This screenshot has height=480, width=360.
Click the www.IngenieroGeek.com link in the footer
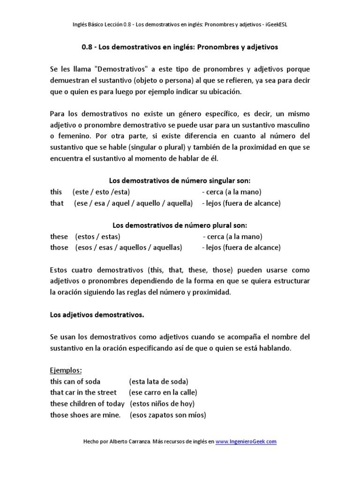point(246,441)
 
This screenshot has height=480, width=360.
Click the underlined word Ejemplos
point(66,370)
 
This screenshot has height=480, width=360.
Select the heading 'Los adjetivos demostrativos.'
point(97,315)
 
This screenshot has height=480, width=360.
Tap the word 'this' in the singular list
point(56,192)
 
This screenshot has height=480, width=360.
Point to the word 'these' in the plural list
point(59,236)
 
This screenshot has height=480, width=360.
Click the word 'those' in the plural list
point(59,247)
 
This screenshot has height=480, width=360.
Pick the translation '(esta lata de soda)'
point(158,381)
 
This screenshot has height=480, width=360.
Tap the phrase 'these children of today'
point(88,404)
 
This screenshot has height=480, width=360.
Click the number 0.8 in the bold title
point(87,47)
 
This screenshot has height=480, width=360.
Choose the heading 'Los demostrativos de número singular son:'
point(180,180)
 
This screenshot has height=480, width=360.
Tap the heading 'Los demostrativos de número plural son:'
point(180,225)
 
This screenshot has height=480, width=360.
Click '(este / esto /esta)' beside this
point(101,192)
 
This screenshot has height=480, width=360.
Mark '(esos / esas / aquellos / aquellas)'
point(128,247)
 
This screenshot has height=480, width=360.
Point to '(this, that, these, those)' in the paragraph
point(189,270)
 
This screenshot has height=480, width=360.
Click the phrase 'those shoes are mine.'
point(85,415)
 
